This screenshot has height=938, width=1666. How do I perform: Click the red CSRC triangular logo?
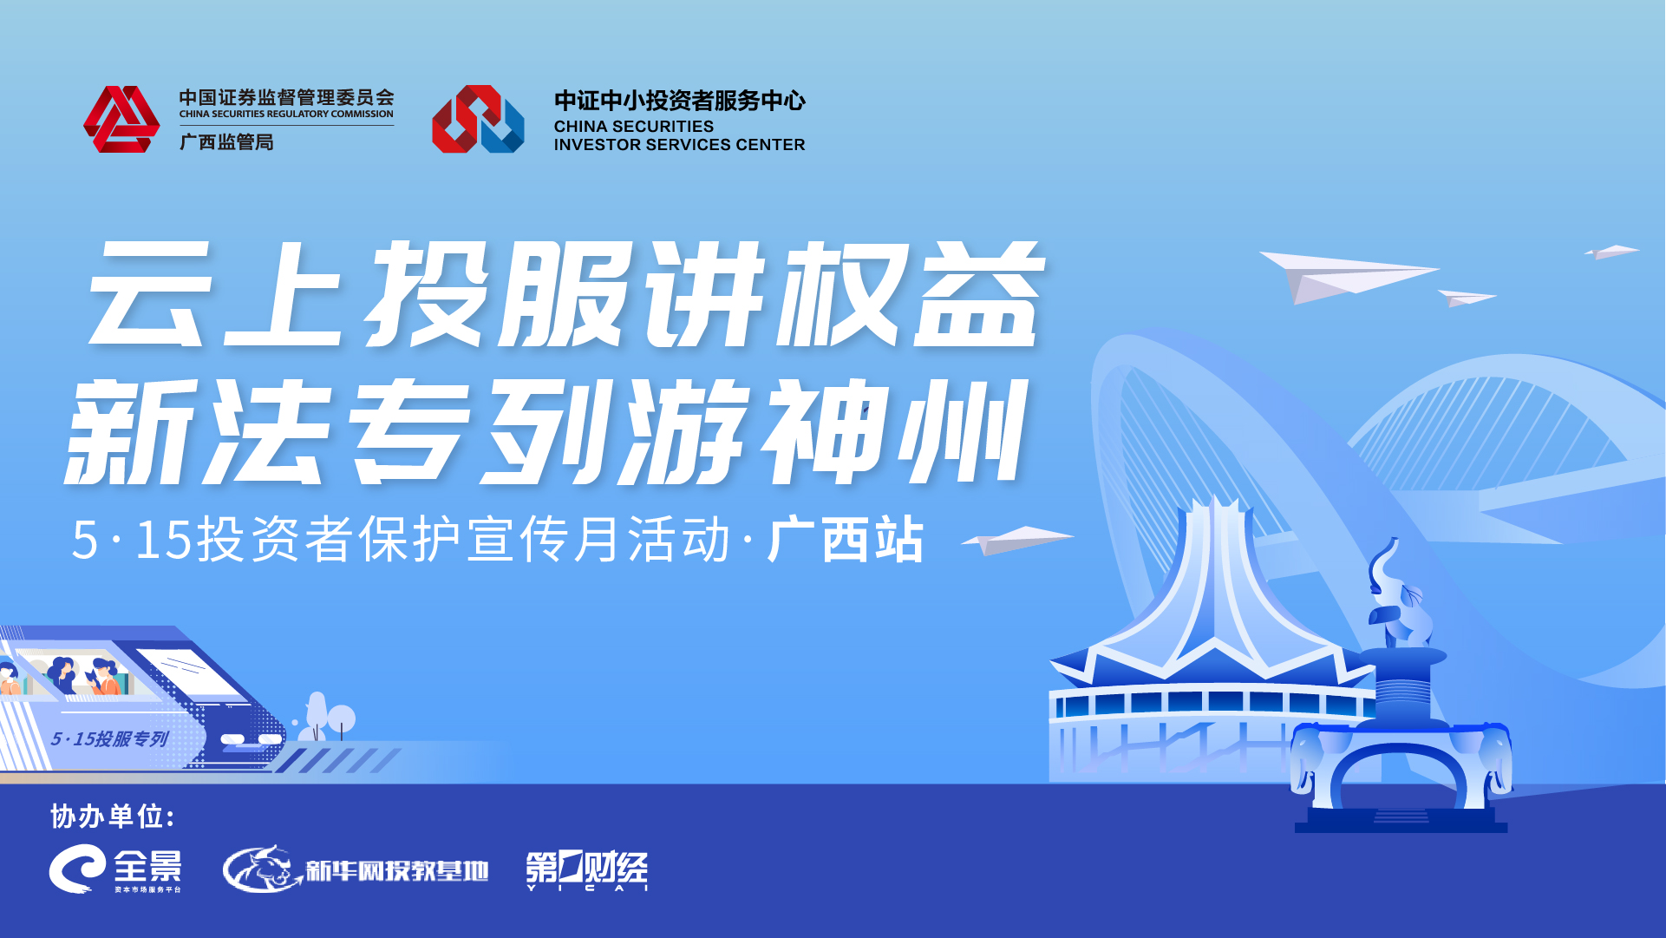121,119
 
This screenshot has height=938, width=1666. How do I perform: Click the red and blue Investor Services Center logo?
478,119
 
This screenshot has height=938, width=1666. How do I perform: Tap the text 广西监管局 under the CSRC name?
226,141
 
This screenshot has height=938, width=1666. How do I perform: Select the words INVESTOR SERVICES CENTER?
679,145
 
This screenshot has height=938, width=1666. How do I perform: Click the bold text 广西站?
846,539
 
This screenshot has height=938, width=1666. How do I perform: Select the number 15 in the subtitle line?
163,539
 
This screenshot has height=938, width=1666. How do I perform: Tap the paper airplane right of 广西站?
1017,540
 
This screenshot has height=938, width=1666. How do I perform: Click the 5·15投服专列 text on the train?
109,739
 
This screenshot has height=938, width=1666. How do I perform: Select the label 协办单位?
113,817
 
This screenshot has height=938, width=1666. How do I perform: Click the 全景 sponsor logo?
115,869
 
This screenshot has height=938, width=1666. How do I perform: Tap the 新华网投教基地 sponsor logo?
356,869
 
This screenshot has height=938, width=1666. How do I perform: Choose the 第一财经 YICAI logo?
587,870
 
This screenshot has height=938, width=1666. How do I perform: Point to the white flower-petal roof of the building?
1214,590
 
